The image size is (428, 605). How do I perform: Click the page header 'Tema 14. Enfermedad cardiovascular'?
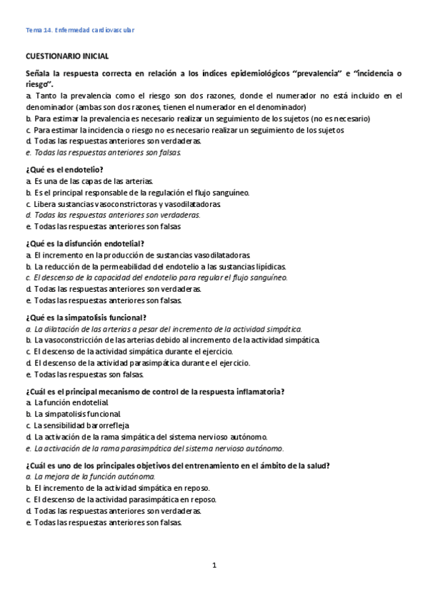point(80,30)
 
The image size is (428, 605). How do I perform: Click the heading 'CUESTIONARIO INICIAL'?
point(67,55)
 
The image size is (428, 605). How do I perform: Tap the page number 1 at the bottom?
point(214,565)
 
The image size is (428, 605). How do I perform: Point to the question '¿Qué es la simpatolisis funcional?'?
point(86,317)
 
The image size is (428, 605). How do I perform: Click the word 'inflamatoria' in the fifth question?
point(262,391)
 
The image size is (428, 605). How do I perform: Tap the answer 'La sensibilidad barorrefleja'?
point(79,425)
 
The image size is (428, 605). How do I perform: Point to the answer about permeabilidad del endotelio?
point(155,265)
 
